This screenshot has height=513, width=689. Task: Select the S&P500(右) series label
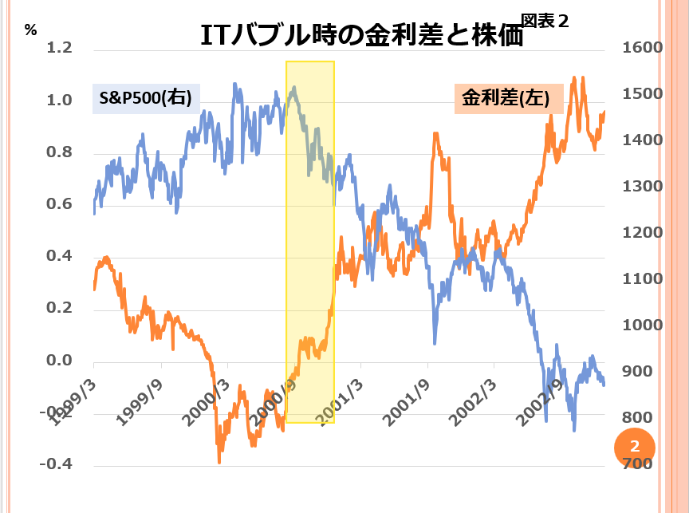[x=146, y=98]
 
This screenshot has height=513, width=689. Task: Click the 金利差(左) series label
[x=508, y=99]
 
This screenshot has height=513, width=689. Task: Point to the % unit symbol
[x=31, y=30]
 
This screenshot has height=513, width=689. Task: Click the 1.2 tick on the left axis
[x=60, y=49]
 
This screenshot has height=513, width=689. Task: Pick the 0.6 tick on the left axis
[x=60, y=205]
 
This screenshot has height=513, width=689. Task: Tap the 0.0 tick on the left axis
[x=60, y=361]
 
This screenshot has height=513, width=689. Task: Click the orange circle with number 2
[x=635, y=446]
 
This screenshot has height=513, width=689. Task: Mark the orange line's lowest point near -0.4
[x=219, y=461]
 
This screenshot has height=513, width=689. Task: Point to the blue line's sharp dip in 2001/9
[x=435, y=343]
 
